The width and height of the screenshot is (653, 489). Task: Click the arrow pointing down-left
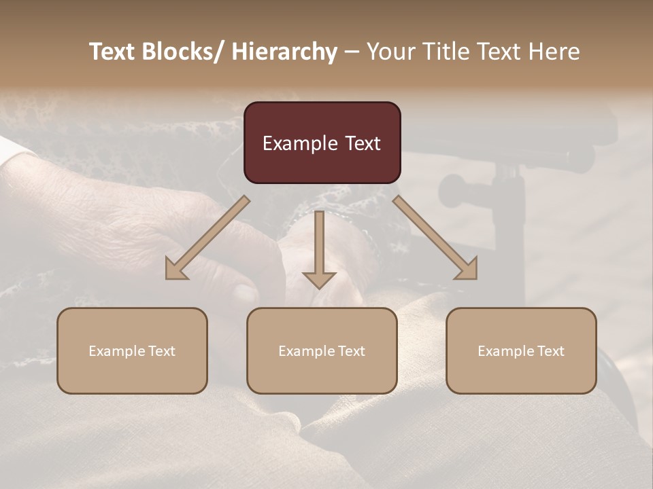click(x=207, y=238)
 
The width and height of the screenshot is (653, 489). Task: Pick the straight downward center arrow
click(x=319, y=248)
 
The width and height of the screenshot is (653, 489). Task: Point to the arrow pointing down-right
click(x=435, y=238)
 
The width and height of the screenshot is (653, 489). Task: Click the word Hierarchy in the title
click(x=284, y=52)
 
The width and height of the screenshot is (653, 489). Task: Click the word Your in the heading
click(x=390, y=52)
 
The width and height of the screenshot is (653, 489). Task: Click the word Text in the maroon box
click(x=362, y=144)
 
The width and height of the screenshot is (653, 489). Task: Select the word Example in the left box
click(x=118, y=351)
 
